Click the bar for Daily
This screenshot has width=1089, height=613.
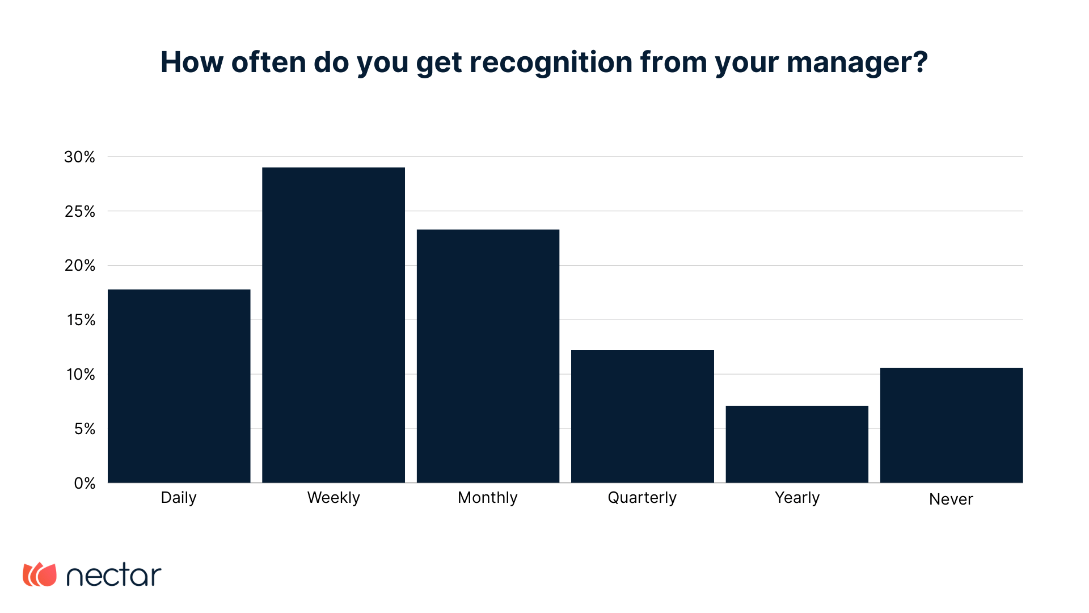coord(179,386)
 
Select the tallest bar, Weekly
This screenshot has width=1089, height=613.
coord(334,325)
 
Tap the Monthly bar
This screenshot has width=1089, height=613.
coord(488,356)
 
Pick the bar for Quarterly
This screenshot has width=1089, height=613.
coord(643,416)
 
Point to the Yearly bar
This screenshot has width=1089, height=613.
coord(797,444)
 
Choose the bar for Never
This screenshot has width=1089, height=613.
coord(951,425)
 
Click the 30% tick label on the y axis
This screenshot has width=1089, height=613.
coord(79,157)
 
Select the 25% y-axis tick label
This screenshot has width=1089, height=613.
coord(79,212)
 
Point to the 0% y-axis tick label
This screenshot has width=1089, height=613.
coord(85,484)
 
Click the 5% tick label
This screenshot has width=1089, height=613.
coord(85,429)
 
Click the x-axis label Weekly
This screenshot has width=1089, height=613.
coord(334,498)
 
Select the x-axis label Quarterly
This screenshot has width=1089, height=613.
coord(642,498)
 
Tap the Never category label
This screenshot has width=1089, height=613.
coord(951,499)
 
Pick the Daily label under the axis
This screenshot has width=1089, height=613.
coord(179,498)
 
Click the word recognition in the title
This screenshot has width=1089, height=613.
coord(551,62)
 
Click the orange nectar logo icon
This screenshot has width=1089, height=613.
coord(40,575)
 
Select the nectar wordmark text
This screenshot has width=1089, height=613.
coord(114,576)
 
